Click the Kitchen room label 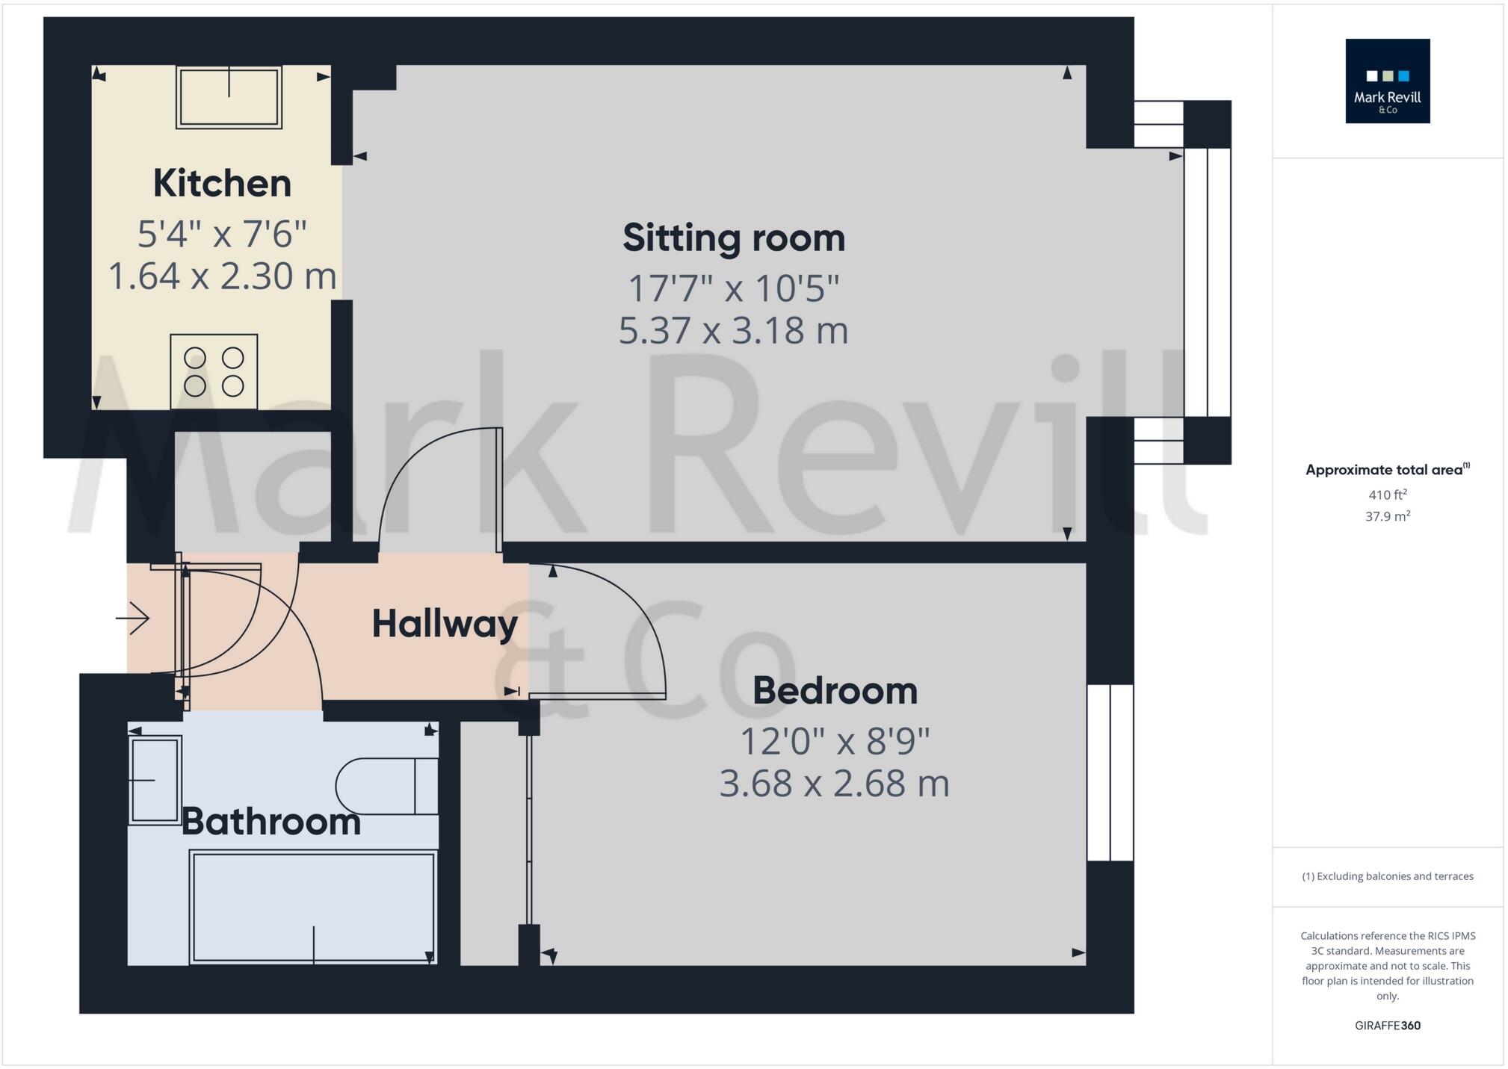point(222,184)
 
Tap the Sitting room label point(734,238)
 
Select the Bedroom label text point(835,691)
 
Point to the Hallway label point(445,624)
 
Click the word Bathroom point(271,822)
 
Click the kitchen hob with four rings point(214,371)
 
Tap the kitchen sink point(229,97)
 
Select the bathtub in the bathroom point(313,907)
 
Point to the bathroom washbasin point(155,780)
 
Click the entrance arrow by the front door point(134,619)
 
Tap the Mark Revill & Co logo point(1387,81)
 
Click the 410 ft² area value point(1388,495)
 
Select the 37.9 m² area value point(1388,516)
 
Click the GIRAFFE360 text point(1388,1026)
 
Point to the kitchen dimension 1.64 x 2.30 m point(223,276)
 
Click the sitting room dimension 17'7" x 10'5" point(734,288)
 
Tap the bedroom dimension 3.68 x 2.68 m point(835,784)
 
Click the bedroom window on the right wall point(1110,772)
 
